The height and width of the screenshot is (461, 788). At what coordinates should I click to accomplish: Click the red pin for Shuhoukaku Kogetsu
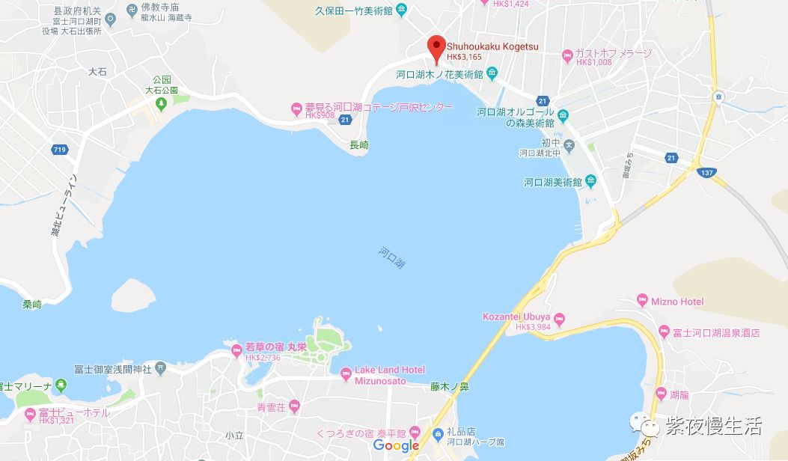(436, 46)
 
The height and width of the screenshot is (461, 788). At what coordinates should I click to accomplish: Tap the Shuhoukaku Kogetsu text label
(492, 46)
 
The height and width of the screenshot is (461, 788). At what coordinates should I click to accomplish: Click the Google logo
(396, 446)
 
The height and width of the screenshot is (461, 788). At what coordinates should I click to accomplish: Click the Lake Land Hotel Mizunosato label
(389, 374)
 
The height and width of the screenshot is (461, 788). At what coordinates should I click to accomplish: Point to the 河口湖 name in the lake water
(392, 258)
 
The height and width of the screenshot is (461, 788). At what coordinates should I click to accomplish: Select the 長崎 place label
(360, 145)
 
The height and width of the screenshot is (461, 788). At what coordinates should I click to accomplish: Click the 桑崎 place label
(32, 305)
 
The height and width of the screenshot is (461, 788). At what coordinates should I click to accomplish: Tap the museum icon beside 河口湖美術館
(590, 181)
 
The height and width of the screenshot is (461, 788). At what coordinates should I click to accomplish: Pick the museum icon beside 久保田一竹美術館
(402, 10)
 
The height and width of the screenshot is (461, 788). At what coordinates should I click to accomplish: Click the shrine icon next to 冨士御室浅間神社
(159, 369)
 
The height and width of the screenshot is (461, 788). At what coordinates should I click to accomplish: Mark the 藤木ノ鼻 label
(449, 387)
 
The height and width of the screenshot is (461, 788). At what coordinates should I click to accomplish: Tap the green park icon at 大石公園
(161, 103)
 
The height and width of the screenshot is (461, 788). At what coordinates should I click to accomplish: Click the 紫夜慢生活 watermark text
(712, 427)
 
